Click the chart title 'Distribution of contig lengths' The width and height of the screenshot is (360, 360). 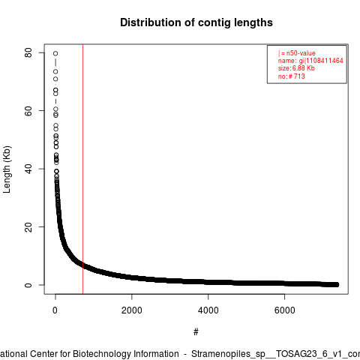pyautogui.click(x=196, y=22)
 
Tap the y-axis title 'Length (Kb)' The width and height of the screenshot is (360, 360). pyautogui.click(x=7, y=169)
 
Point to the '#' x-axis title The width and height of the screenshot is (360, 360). pyautogui.click(x=196, y=332)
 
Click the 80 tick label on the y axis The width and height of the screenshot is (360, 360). pyautogui.click(x=28, y=52)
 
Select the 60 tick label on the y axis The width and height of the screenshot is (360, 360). pyautogui.click(x=28, y=111)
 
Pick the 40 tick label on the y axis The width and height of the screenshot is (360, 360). pyautogui.click(x=28, y=169)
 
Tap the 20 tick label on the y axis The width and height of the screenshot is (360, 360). pyautogui.click(x=28, y=226)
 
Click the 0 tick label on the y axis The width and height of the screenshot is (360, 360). pyautogui.click(x=28, y=285)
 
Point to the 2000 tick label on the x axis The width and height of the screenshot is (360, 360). pyautogui.click(x=132, y=310)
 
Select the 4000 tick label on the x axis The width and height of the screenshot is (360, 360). pyautogui.click(x=208, y=310)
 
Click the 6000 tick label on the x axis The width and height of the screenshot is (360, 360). pyautogui.click(x=285, y=310)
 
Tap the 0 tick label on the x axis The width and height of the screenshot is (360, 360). pyautogui.click(x=55, y=310)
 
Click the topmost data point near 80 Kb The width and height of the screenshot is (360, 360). pyautogui.click(x=55, y=53)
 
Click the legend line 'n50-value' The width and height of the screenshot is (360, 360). pyautogui.click(x=297, y=53)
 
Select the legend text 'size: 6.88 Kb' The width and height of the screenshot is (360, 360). pyautogui.click(x=296, y=68)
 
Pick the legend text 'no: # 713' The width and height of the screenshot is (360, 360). pyautogui.click(x=292, y=76)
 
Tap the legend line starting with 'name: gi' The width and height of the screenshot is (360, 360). pyautogui.click(x=310, y=61)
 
